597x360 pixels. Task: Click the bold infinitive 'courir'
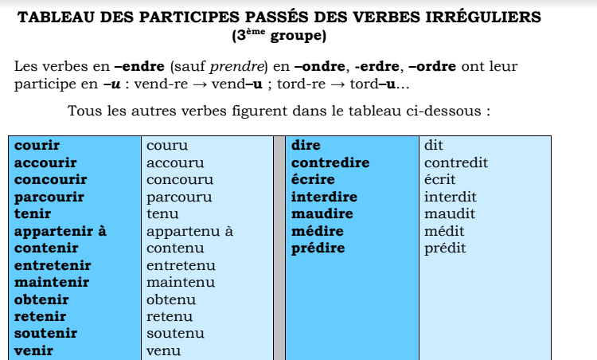point(37,146)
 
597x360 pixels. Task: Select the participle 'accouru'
point(175,163)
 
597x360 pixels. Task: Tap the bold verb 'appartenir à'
point(60,232)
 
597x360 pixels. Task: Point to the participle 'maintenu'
point(180,283)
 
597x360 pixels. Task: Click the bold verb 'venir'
point(33,350)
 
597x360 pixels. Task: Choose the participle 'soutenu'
point(175,334)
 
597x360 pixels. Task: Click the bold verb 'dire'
point(306,146)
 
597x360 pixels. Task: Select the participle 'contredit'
point(456,163)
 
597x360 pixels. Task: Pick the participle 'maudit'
point(450,214)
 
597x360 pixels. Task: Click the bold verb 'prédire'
point(318,248)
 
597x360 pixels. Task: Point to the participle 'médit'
point(444,232)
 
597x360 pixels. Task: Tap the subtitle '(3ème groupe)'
point(279,36)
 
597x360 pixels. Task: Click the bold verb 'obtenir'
point(41,300)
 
